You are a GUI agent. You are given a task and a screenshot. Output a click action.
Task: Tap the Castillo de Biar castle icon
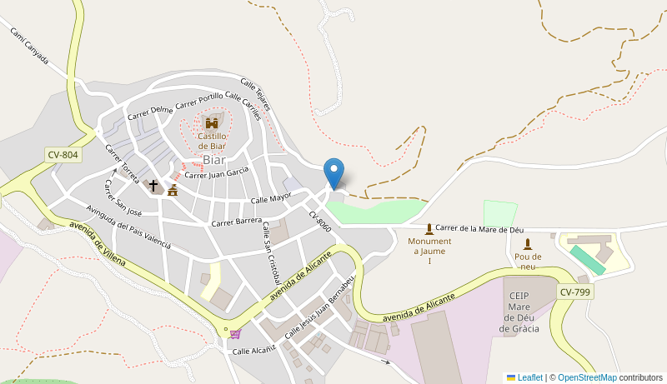[212, 123]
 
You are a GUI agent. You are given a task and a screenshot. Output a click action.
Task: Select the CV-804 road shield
[63, 154]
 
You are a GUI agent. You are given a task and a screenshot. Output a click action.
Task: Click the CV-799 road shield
[575, 292]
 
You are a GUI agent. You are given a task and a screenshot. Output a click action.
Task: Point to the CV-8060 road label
[320, 222]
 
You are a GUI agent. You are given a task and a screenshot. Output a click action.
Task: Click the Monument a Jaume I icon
[429, 228]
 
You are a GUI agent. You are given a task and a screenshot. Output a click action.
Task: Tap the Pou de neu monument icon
[527, 243]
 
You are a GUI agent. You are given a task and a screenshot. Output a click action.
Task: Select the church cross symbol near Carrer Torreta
[153, 186]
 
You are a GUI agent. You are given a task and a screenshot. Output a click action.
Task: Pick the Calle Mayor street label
[271, 199]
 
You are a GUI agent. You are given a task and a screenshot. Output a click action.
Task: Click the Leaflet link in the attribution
[529, 377]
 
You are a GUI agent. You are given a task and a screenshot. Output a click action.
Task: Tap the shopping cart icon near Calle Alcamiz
[235, 334]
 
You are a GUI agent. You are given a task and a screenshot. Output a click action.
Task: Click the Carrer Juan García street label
[216, 173]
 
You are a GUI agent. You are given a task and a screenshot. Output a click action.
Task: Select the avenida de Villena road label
[98, 244]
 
